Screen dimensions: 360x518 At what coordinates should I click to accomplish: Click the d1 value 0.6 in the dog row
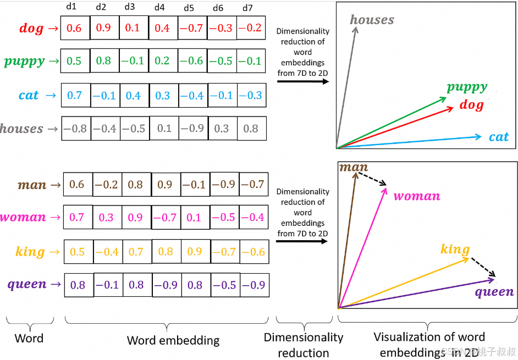click(x=74, y=28)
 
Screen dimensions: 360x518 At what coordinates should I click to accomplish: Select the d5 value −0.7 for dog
click(x=192, y=28)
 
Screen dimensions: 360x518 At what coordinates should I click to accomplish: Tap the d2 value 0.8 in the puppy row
click(x=103, y=61)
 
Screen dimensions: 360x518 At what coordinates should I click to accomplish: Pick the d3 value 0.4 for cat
click(x=133, y=95)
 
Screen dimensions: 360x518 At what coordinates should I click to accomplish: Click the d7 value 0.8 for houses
click(x=251, y=129)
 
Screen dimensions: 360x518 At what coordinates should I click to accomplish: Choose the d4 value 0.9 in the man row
click(x=165, y=185)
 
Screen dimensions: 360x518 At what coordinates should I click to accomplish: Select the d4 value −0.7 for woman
click(x=165, y=217)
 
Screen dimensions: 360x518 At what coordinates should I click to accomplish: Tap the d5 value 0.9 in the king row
click(x=195, y=251)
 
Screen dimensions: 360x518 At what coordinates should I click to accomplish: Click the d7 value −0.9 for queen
click(x=254, y=285)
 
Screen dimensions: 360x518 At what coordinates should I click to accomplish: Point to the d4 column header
click(x=159, y=8)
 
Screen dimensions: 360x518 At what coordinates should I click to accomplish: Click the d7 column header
click(x=247, y=8)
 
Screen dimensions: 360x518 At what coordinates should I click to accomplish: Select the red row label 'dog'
click(x=31, y=29)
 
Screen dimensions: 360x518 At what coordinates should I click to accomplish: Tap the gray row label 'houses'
click(x=22, y=129)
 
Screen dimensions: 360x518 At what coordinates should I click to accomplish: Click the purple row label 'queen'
click(x=26, y=284)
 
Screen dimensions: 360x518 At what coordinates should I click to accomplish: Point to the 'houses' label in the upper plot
click(x=372, y=20)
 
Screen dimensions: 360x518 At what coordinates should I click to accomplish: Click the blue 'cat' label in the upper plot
click(x=499, y=137)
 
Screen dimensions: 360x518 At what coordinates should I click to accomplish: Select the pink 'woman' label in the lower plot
click(x=417, y=196)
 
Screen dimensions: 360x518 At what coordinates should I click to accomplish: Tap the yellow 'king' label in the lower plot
click(x=455, y=250)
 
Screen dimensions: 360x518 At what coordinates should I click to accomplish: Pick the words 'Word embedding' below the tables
click(x=173, y=340)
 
